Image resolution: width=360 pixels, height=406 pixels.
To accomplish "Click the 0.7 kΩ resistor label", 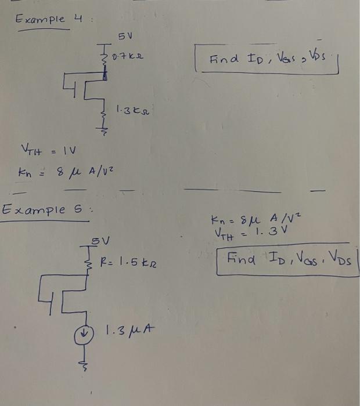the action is coord(128,57).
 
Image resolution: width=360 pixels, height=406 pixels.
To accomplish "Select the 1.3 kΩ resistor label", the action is coord(130,108).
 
